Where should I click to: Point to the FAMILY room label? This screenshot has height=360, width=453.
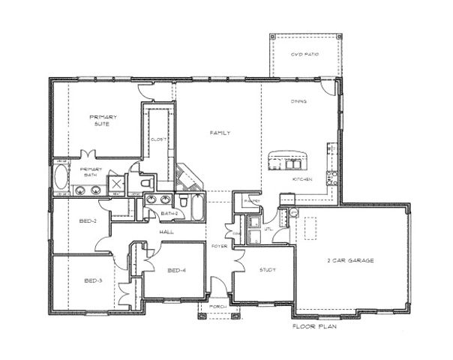coord(219,133)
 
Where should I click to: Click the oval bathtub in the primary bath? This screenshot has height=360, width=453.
coord(60,181)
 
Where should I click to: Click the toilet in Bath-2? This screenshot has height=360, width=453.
coord(183,201)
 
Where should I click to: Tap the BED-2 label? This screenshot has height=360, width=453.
coord(88,221)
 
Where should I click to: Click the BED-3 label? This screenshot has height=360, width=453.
coord(93,281)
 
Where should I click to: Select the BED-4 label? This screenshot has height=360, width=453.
coord(176,270)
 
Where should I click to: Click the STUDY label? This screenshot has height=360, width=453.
coord(268,270)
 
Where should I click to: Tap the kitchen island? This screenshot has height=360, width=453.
coord(289,160)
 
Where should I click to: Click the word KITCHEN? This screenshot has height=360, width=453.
coord(301,181)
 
